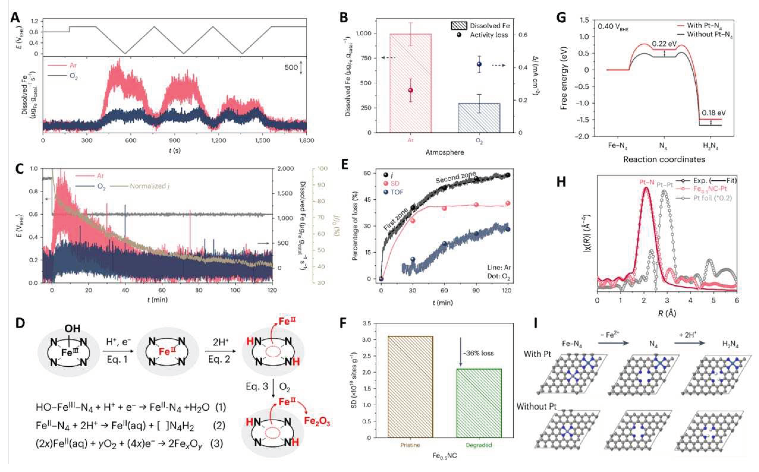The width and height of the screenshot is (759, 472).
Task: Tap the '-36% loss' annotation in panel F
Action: coord(478,353)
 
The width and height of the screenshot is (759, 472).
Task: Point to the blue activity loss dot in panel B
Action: coord(479,64)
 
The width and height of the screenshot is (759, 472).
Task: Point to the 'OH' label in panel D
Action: coord(73,328)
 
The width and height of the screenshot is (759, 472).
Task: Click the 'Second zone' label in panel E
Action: coord(456,177)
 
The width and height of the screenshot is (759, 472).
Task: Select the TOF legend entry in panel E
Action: coord(396,192)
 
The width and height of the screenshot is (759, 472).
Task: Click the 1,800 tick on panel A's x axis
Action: coord(306,140)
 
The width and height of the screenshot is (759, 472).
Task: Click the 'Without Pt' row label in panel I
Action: coord(536,406)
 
